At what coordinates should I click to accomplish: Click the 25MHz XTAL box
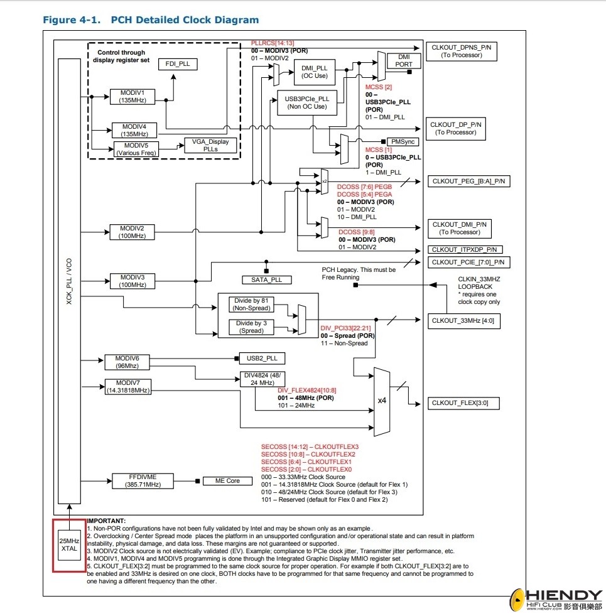[x=68, y=545]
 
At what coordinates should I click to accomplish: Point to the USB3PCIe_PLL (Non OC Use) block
[x=307, y=102]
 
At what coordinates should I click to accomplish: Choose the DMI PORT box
[x=404, y=60]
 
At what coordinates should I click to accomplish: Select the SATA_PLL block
[x=266, y=279]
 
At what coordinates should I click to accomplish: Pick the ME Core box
[x=223, y=481]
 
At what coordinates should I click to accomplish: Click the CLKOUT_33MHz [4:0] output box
[x=462, y=321]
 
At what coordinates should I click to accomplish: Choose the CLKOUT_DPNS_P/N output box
[x=461, y=51]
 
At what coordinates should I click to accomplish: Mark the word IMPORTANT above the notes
[x=106, y=521]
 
